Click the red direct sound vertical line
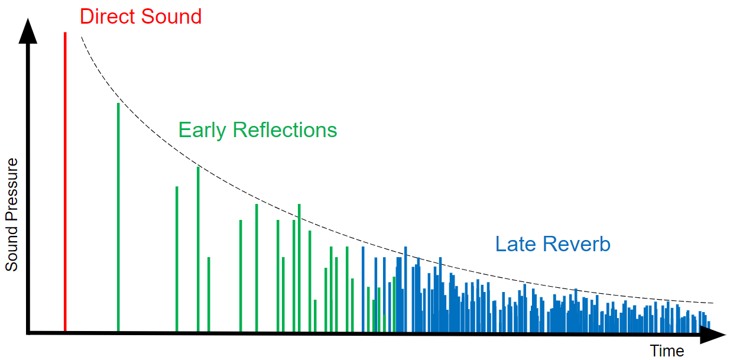[x=65, y=177]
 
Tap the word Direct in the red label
[x=106, y=16]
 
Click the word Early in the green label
[x=202, y=129]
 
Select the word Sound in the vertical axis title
[x=12, y=251]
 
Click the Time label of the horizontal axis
[x=667, y=351]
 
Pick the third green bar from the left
[x=198, y=248]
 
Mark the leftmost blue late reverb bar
[x=363, y=290]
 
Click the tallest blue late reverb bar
[x=405, y=290]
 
